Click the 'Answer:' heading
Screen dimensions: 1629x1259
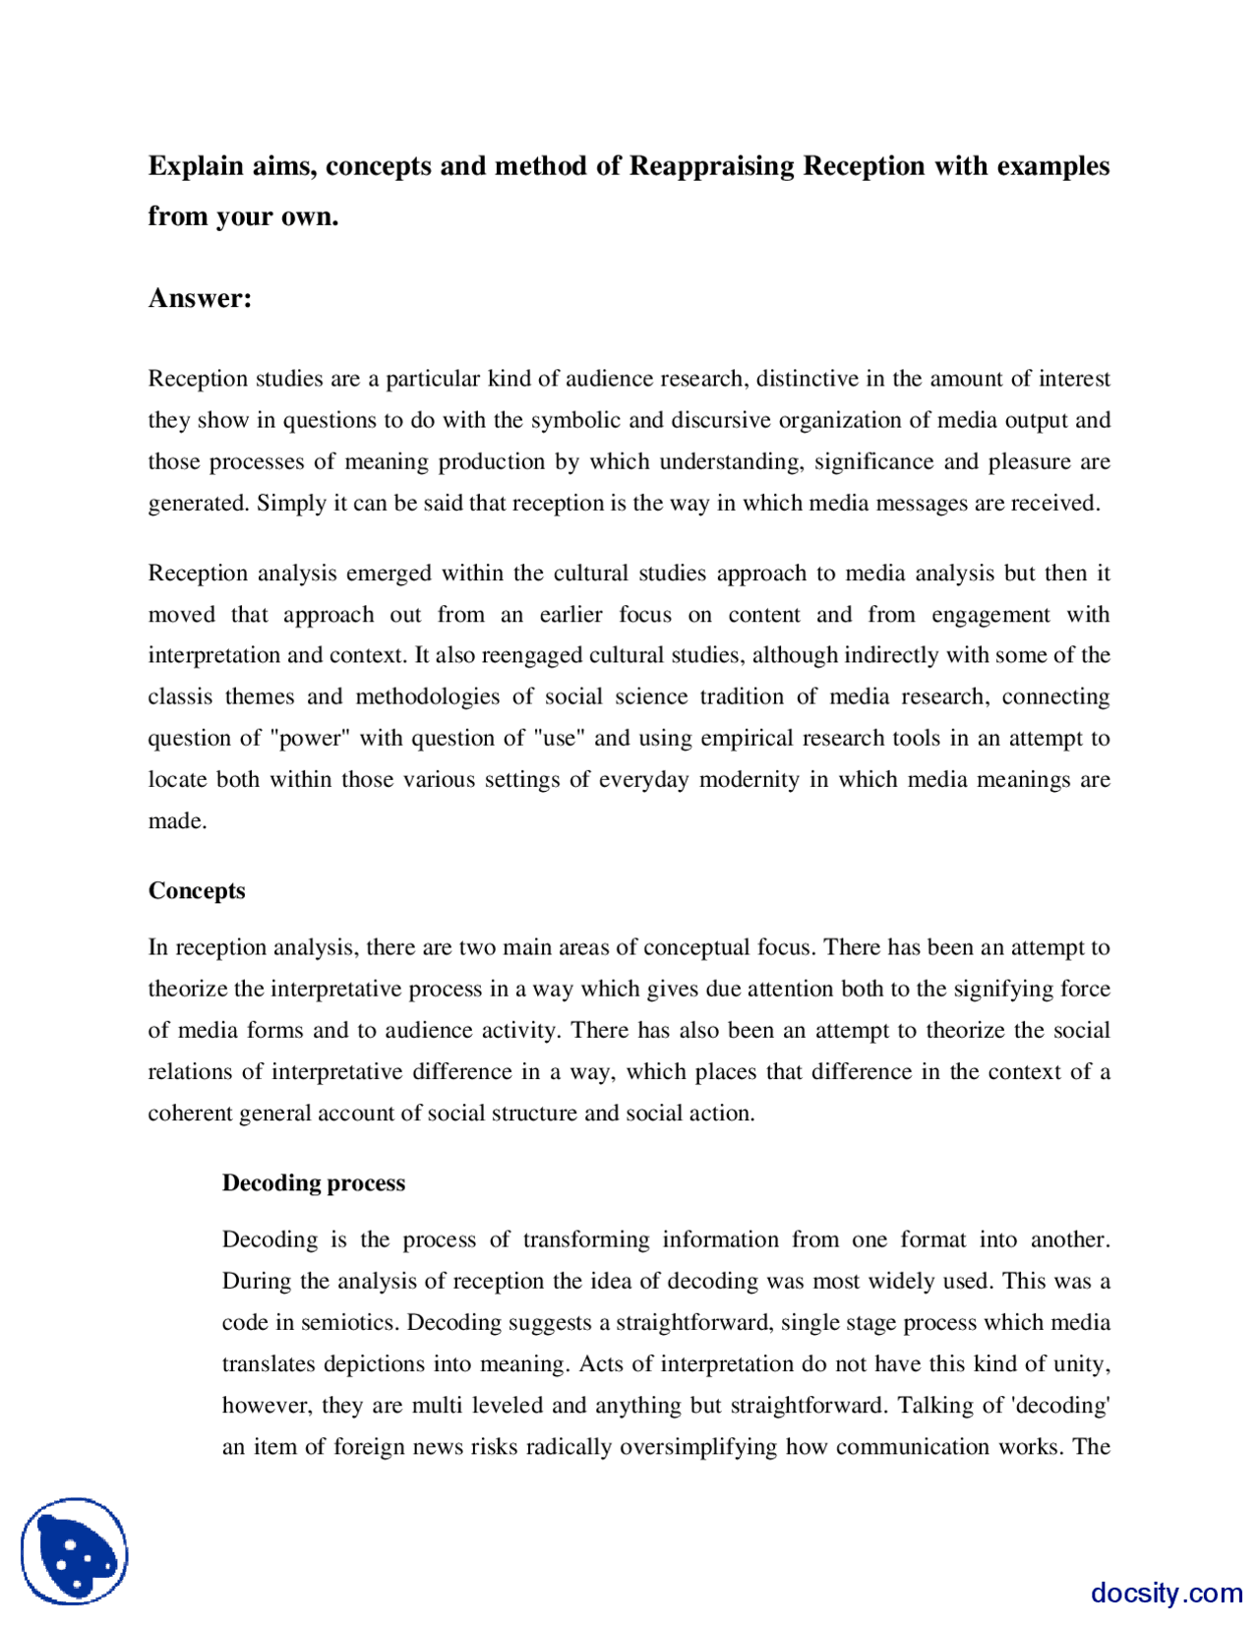point(200,298)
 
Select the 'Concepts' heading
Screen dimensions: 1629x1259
point(197,890)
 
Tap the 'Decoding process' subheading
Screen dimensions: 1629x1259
point(313,1182)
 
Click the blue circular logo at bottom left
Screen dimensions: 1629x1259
point(75,1551)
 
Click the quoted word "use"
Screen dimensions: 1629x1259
point(560,738)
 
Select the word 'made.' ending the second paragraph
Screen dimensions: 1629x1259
point(177,820)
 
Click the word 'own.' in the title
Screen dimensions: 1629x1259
point(313,215)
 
